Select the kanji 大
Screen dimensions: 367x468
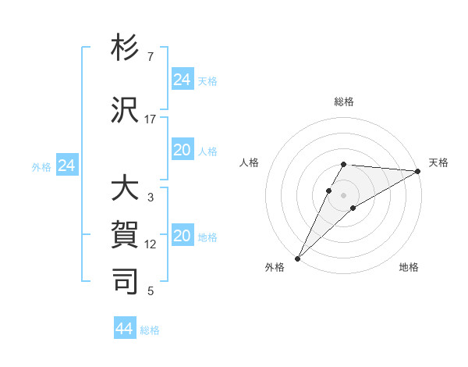click(x=126, y=190)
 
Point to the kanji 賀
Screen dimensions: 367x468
click(x=126, y=235)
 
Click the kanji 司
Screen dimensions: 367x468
click(x=126, y=280)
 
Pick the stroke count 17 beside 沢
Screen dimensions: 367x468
click(x=151, y=119)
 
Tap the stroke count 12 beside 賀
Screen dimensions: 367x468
click(x=151, y=244)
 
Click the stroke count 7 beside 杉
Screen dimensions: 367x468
click(x=151, y=57)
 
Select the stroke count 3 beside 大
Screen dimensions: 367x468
click(x=151, y=198)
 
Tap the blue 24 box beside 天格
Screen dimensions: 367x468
click(x=182, y=80)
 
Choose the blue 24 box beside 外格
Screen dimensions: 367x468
click(x=67, y=166)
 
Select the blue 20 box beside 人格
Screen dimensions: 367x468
click(x=182, y=150)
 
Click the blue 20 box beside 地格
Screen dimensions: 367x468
click(x=182, y=237)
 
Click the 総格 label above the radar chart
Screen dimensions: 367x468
click(x=344, y=102)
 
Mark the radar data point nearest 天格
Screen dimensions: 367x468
click(x=418, y=171)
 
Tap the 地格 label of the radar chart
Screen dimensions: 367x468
click(x=409, y=267)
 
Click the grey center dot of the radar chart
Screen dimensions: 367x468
click(x=344, y=194)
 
